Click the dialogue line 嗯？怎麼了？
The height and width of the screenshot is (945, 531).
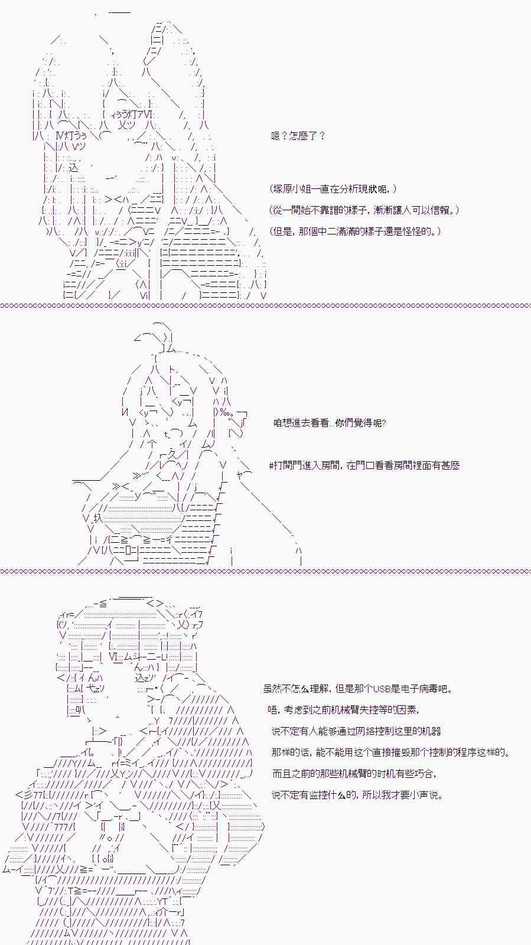point(298,136)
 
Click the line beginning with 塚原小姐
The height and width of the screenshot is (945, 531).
point(333,189)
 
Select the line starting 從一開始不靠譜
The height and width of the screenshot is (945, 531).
point(364,210)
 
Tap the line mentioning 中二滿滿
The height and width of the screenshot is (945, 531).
point(355,232)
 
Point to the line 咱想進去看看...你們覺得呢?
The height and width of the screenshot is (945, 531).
point(329,423)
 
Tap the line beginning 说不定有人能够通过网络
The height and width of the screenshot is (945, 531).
point(356,731)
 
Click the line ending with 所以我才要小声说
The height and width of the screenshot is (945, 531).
point(356,795)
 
